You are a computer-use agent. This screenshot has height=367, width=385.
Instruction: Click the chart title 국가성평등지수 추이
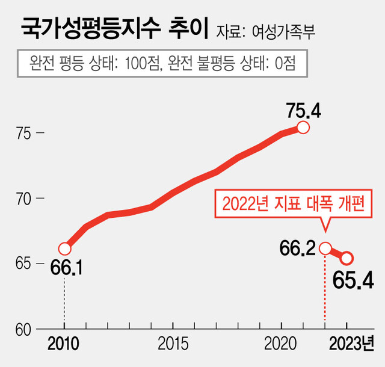114,28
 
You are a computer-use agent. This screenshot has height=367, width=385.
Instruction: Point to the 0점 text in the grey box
283,63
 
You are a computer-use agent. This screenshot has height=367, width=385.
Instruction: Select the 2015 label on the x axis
173,345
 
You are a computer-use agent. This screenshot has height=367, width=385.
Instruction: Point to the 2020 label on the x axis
282,345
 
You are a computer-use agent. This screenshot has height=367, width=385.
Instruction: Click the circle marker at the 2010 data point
65,248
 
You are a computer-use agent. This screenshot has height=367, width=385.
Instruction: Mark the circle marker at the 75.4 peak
303,128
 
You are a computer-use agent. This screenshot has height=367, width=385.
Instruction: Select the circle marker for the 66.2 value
325,248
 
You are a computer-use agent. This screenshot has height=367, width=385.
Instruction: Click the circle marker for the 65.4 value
347,258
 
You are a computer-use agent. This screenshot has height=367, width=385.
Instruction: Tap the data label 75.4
304,110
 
